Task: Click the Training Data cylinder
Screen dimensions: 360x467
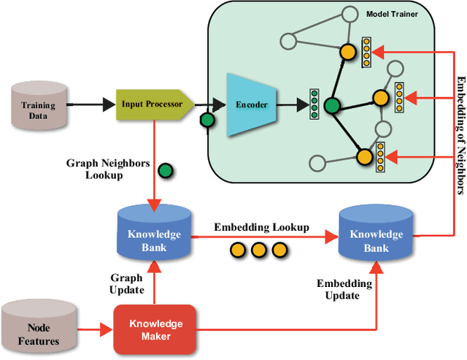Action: click(38, 104)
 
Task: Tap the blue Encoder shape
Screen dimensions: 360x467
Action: click(250, 104)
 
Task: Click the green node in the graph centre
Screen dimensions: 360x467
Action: click(332, 106)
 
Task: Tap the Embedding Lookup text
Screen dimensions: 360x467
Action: click(261, 227)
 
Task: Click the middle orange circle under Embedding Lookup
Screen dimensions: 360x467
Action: click(258, 250)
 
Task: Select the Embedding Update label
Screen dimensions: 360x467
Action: click(344, 289)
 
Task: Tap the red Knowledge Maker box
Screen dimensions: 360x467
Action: click(155, 330)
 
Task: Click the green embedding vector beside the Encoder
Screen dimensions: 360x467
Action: click(314, 104)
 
